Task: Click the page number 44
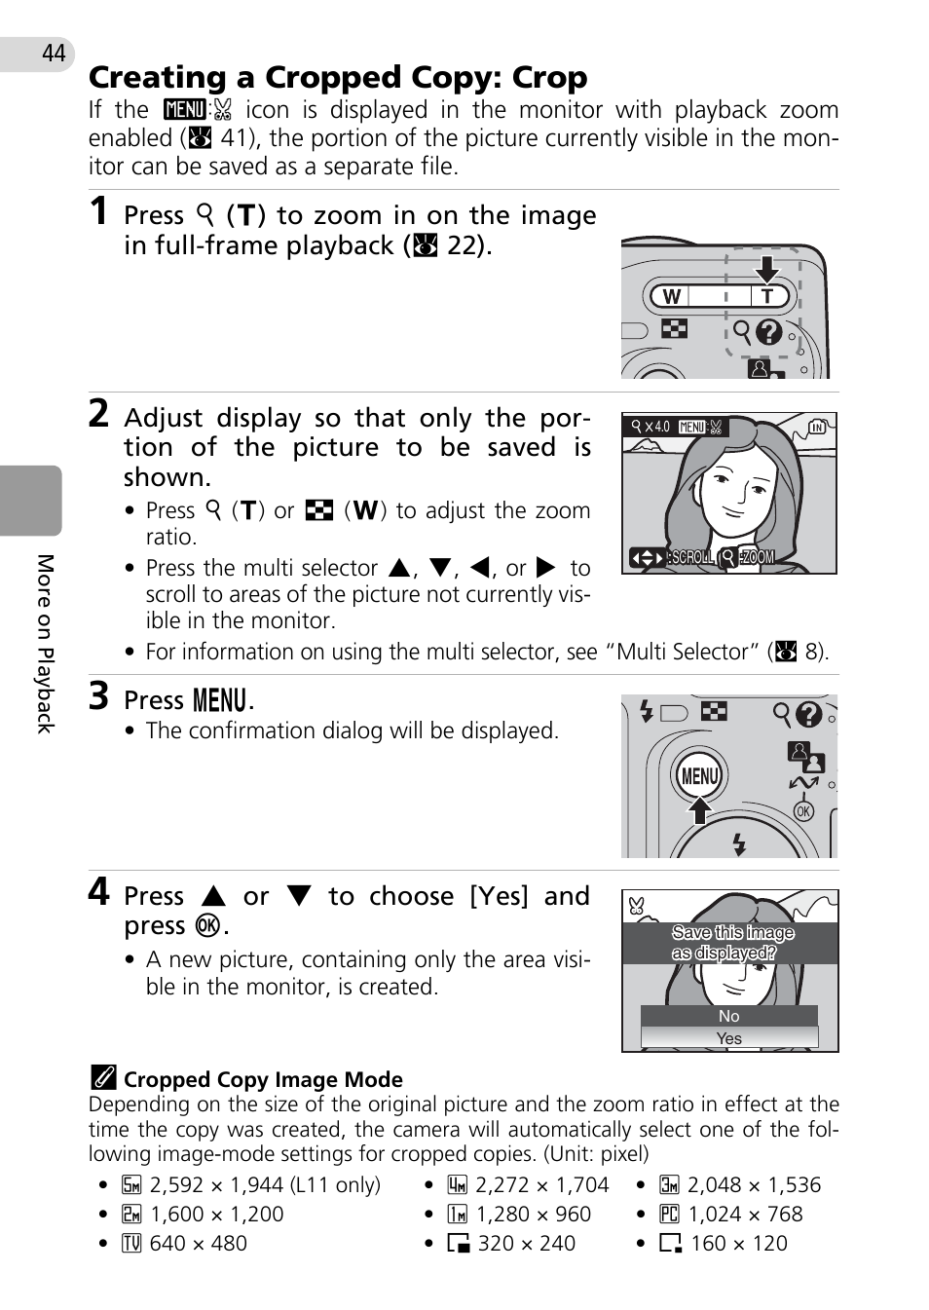54,54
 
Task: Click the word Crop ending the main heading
549,78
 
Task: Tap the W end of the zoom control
671,296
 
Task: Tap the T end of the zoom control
766,296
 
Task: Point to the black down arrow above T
766,270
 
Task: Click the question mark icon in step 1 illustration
768,333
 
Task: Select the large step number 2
98,414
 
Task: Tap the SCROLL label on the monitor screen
692,557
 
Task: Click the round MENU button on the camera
699,776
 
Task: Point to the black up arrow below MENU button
699,810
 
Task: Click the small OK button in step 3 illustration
803,811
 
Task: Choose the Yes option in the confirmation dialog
729,1038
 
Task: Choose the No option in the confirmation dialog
729,1017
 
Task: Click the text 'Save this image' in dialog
732,933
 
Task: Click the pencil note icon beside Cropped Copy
103,1078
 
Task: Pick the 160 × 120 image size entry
724,1244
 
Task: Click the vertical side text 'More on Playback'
46,644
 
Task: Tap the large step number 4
98,891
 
